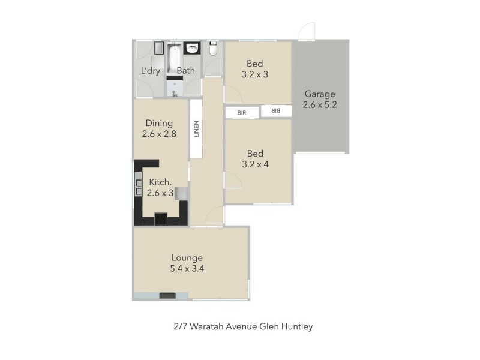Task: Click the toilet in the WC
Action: pos(213,50)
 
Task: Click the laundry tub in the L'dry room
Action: pos(158,49)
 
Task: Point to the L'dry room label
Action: pos(151,71)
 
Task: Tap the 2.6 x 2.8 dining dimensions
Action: pos(159,135)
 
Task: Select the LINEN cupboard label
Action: pos(196,129)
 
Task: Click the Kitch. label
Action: pos(161,182)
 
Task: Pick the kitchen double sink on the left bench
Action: pos(139,187)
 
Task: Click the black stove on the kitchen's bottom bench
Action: pos(162,218)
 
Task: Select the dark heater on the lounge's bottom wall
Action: pos(167,295)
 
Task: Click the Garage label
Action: pos(319,94)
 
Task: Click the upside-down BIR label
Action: pos(275,111)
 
